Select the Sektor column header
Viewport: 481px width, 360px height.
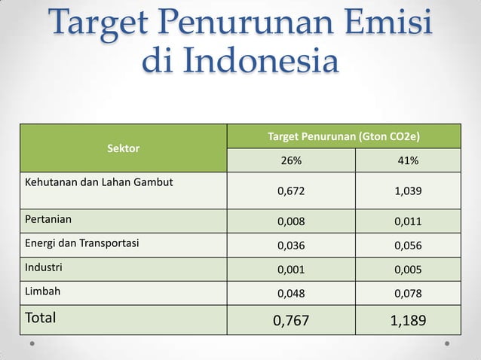click(123, 148)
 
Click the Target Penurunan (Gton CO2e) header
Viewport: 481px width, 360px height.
click(344, 136)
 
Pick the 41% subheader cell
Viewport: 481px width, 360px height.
click(408, 160)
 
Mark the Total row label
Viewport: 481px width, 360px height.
click(41, 318)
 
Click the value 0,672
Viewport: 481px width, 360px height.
click(291, 191)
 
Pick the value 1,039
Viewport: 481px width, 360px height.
click(408, 191)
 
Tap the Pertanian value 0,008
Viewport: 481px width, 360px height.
click(291, 222)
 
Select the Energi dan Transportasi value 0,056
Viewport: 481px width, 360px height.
click(408, 246)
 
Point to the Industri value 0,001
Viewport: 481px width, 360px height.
click(291, 269)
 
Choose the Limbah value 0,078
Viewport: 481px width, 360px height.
click(408, 292)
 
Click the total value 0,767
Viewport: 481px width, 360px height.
click(291, 321)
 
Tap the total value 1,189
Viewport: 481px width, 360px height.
click(408, 321)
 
